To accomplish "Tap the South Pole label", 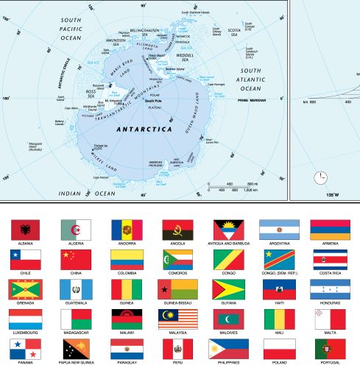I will pyautogui.click(x=152, y=100).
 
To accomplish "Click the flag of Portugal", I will pyautogui.click(x=326, y=348).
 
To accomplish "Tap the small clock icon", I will pyautogui.click(x=320, y=177).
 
